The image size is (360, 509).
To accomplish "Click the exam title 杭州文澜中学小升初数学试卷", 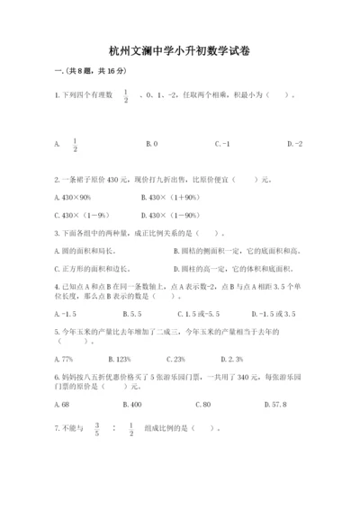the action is pos(179,52).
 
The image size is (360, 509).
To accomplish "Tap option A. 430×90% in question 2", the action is pos(79,197).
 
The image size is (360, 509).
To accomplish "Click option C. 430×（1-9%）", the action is pos(83,216).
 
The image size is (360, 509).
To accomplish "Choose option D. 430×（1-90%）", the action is pos(174,216).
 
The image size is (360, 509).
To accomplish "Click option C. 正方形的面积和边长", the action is pos(92,268).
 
